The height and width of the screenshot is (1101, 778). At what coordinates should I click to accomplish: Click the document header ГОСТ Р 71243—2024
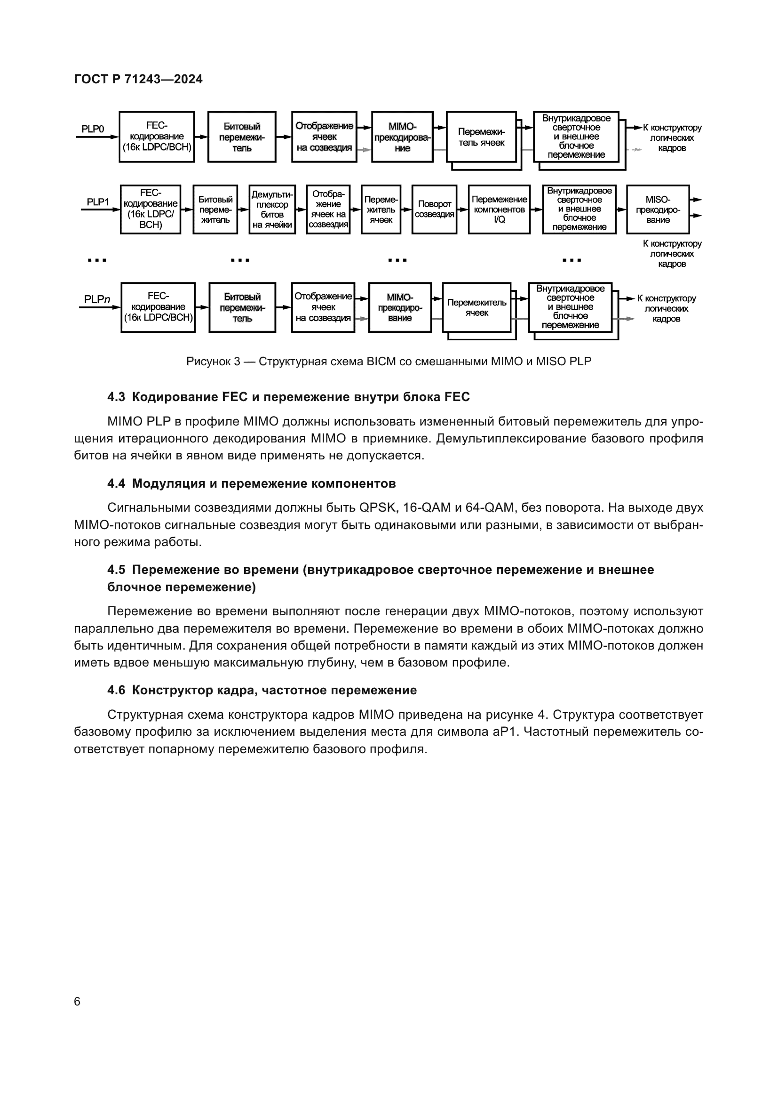(138, 79)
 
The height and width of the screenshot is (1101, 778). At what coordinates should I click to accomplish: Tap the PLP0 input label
(93, 129)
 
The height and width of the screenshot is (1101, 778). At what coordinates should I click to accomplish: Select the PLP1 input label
(97, 202)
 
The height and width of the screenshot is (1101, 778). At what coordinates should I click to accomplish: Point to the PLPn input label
(97, 299)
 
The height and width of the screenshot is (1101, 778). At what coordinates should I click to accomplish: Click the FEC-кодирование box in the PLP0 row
(157, 137)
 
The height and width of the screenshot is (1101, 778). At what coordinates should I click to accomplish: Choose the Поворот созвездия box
(434, 209)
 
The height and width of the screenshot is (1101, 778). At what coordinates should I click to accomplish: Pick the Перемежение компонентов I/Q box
(499, 209)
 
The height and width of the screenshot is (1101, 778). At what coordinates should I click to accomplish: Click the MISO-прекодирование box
(657, 209)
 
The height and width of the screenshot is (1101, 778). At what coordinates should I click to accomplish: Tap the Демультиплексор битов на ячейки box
(272, 209)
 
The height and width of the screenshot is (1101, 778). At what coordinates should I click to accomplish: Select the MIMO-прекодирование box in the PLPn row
(399, 307)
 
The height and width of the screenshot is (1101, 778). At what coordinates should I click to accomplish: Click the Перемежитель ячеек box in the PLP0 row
(481, 137)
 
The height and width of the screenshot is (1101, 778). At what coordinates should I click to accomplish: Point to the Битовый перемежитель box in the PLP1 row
(215, 209)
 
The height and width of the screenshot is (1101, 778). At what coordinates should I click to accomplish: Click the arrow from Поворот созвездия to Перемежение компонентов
(462, 209)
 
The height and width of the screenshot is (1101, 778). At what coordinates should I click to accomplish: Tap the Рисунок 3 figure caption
(389, 361)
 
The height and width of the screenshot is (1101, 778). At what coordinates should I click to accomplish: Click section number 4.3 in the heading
(116, 397)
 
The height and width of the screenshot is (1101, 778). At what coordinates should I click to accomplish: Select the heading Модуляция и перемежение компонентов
(263, 483)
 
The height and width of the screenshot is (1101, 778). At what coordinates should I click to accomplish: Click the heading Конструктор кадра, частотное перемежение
(274, 690)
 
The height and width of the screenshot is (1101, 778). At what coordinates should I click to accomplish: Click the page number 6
(77, 1002)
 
